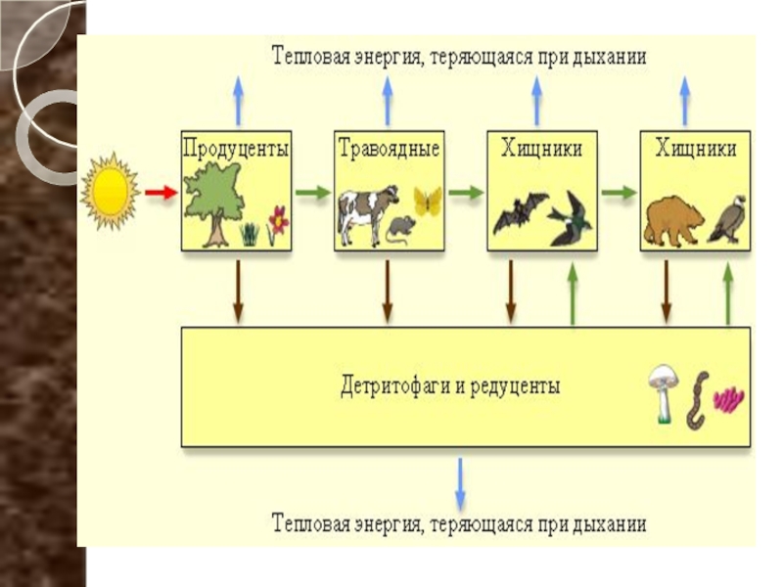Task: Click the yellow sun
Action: point(110,192)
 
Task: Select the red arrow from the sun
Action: point(161,193)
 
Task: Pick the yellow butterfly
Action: point(428,202)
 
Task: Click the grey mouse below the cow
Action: point(400,230)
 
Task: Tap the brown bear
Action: point(673,221)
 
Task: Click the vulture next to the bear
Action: point(728,218)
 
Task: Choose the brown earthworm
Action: point(698,400)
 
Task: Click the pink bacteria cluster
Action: point(728,400)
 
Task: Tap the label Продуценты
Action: point(236,150)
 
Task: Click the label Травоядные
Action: point(389,149)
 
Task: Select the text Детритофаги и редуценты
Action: point(450,385)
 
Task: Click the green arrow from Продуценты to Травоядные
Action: point(313,193)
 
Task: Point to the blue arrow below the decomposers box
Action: point(460,484)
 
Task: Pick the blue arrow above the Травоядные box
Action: point(388,101)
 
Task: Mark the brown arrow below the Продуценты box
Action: point(238,292)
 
